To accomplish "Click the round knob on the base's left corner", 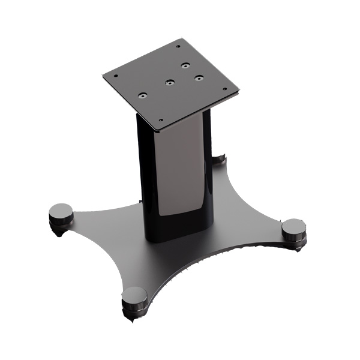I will pos(61,211).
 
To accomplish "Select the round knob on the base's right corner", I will pos(293,228).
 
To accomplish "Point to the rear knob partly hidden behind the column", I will pos(220,158).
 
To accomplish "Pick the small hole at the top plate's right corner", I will pos(225,89).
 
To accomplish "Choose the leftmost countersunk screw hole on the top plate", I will pos(143,95).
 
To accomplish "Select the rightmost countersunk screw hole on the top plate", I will pos(197,77).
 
